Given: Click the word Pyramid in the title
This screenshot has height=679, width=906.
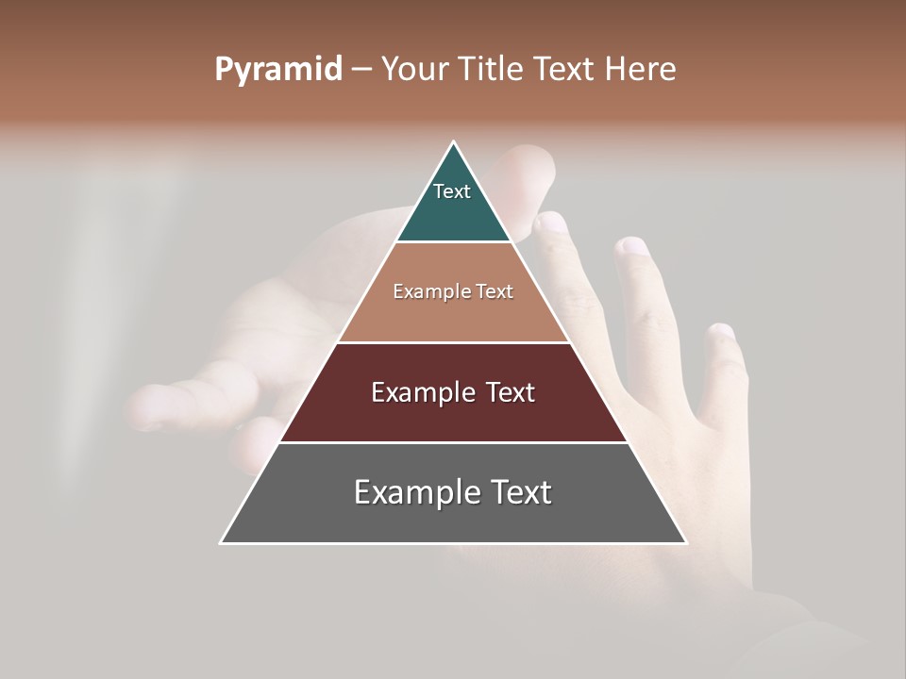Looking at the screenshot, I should coord(277,70).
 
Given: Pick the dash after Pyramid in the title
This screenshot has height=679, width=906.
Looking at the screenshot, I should coord(361,70).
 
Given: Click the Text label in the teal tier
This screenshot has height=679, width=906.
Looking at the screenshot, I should coord(452,191).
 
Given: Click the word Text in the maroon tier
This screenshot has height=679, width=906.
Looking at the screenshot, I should coord(505,392).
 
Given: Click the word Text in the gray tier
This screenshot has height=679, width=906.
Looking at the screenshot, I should coord(520,492).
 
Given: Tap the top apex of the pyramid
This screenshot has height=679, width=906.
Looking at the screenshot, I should coord(454,142).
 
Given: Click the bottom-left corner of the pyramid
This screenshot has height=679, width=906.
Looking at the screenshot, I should coord(222,542).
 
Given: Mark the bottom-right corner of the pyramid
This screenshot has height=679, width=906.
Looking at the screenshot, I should coord(685,542).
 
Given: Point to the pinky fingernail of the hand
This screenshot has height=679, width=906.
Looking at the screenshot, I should coord(722,332).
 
